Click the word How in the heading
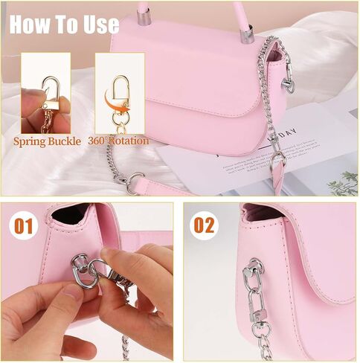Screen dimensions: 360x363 (x=28, y=24)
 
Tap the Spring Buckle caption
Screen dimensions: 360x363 (x=47, y=141)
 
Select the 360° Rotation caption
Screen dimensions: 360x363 (x=118, y=141)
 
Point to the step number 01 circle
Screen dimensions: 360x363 (x=24, y=225)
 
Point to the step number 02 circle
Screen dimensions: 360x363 (x=204, y=225)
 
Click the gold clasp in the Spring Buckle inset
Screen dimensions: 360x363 (x=51, y=94)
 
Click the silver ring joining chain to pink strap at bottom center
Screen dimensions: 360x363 (x=135, y=183)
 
